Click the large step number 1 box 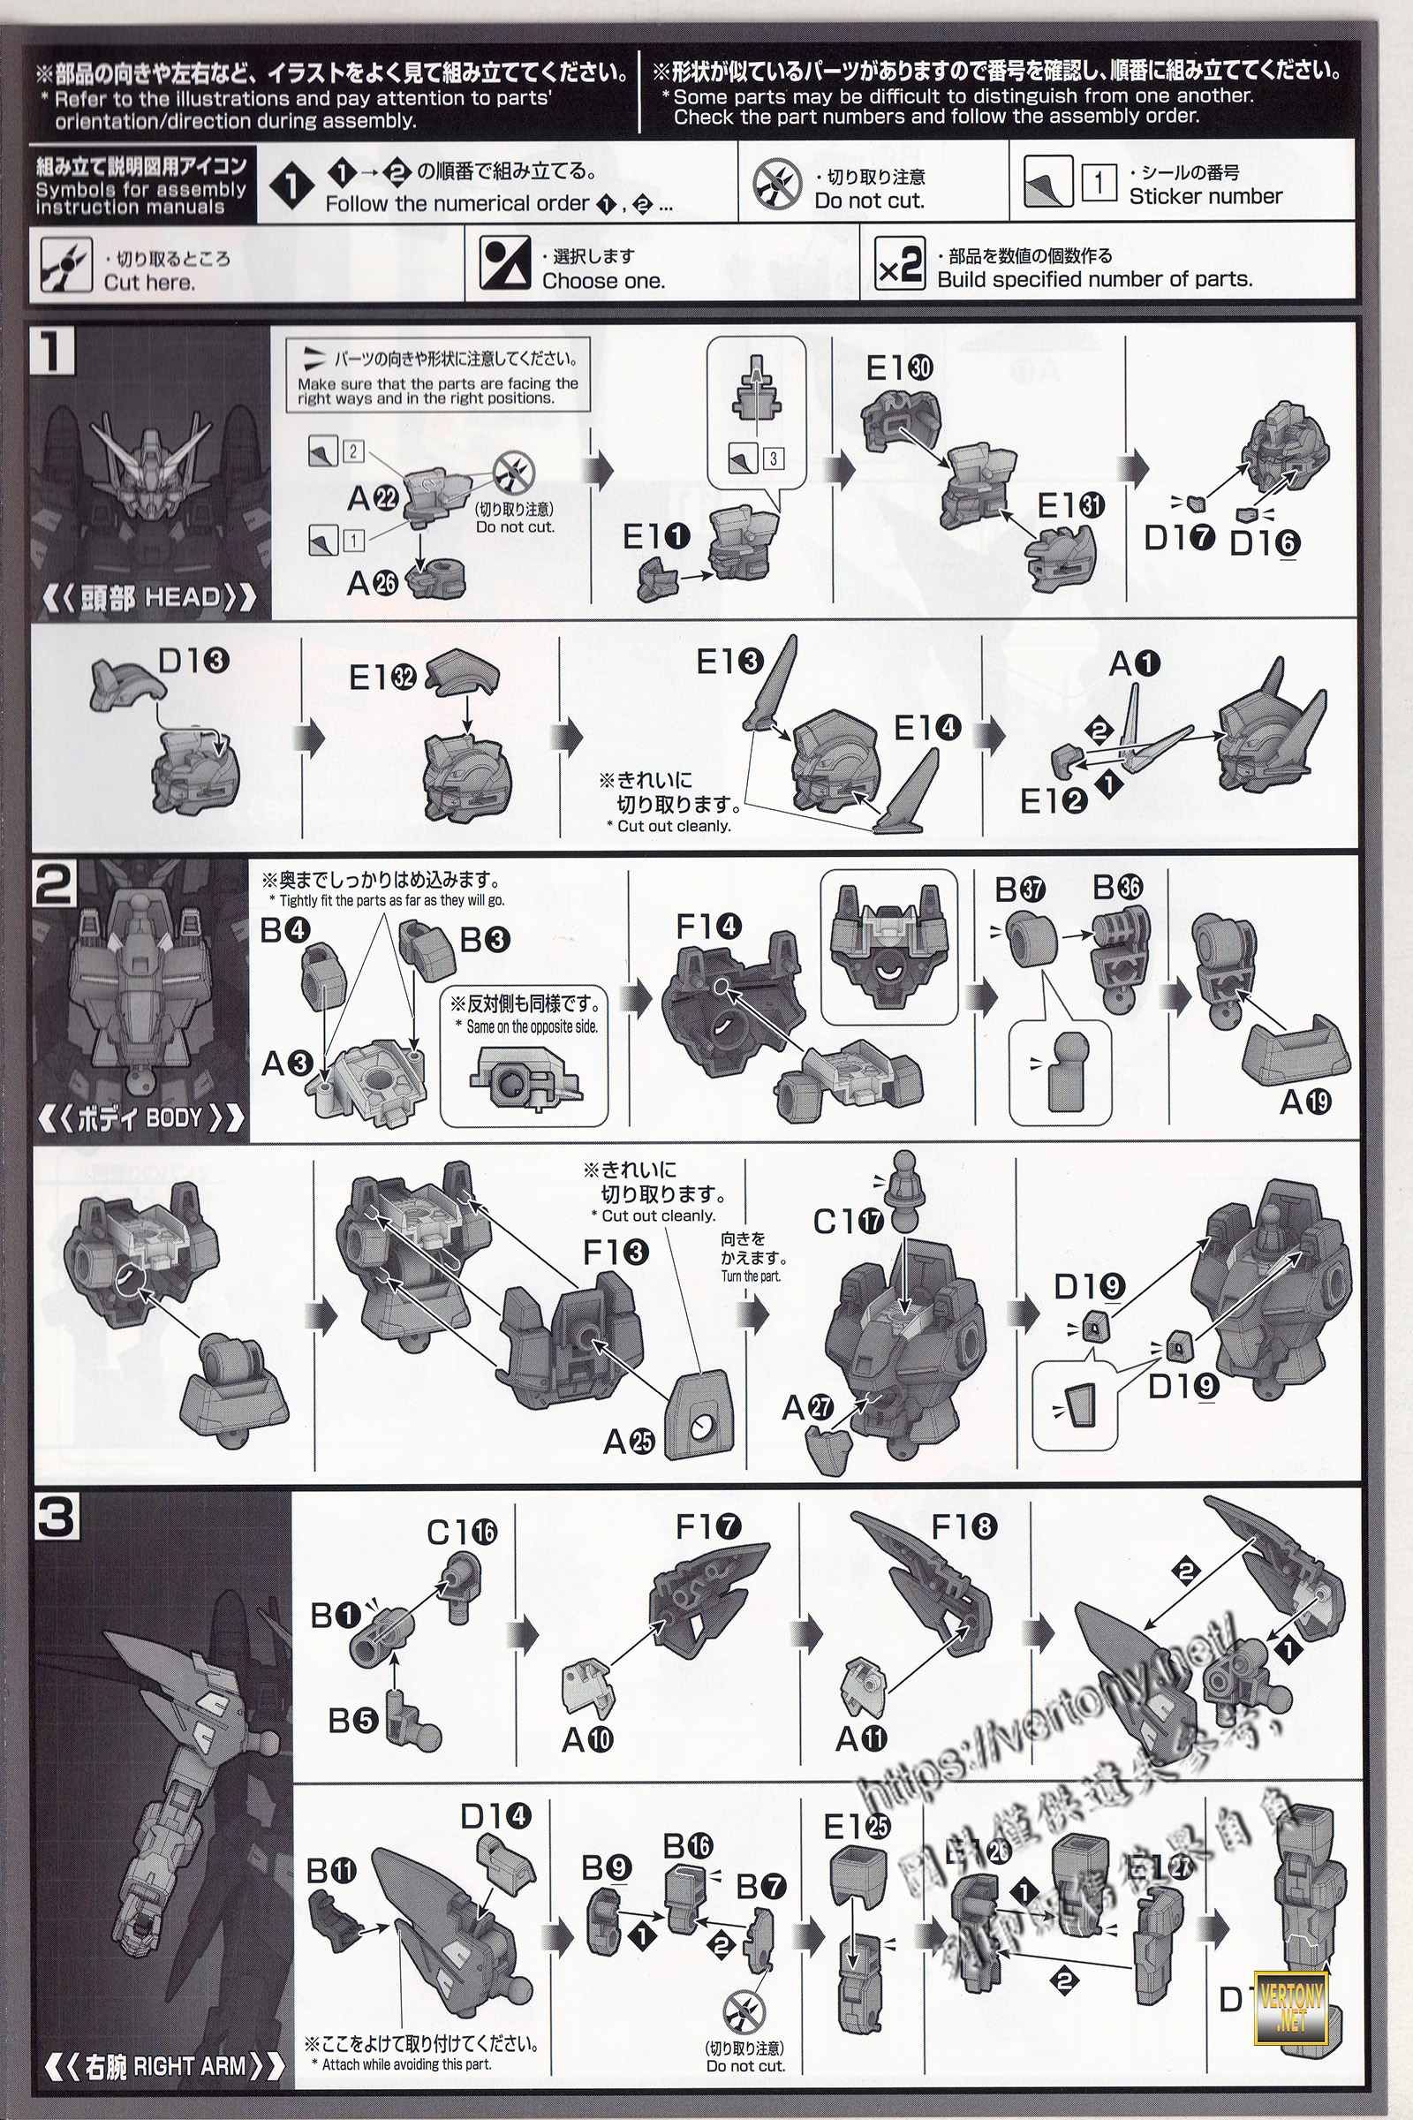[x=53, y=351]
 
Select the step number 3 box [x=57, y=1517]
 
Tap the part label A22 [x=372, y=497]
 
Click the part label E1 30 [x=898, y=367]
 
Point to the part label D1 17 [x=1179, y=538]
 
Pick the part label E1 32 [x=382, y=676]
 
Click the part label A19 [x=1306, y=1102]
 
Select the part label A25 [x=628, y=1442]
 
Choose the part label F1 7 [x=707, y=1527]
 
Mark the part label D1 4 [x=495, y=1816]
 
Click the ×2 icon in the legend [x=899, y=266]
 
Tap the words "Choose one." [x=603, y=280]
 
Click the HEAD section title [x=149, y=597]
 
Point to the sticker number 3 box [x=772, y=458]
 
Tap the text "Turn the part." [x=751, y=1276]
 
